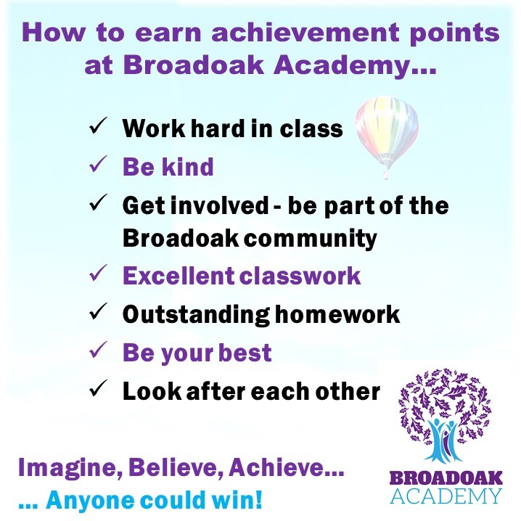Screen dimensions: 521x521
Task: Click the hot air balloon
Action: click(x=386, y=134)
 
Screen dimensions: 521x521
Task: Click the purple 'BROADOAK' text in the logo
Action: click(x=446, y=478)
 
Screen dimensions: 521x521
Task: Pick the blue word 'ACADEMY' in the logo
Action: click(x=446, y=496)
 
